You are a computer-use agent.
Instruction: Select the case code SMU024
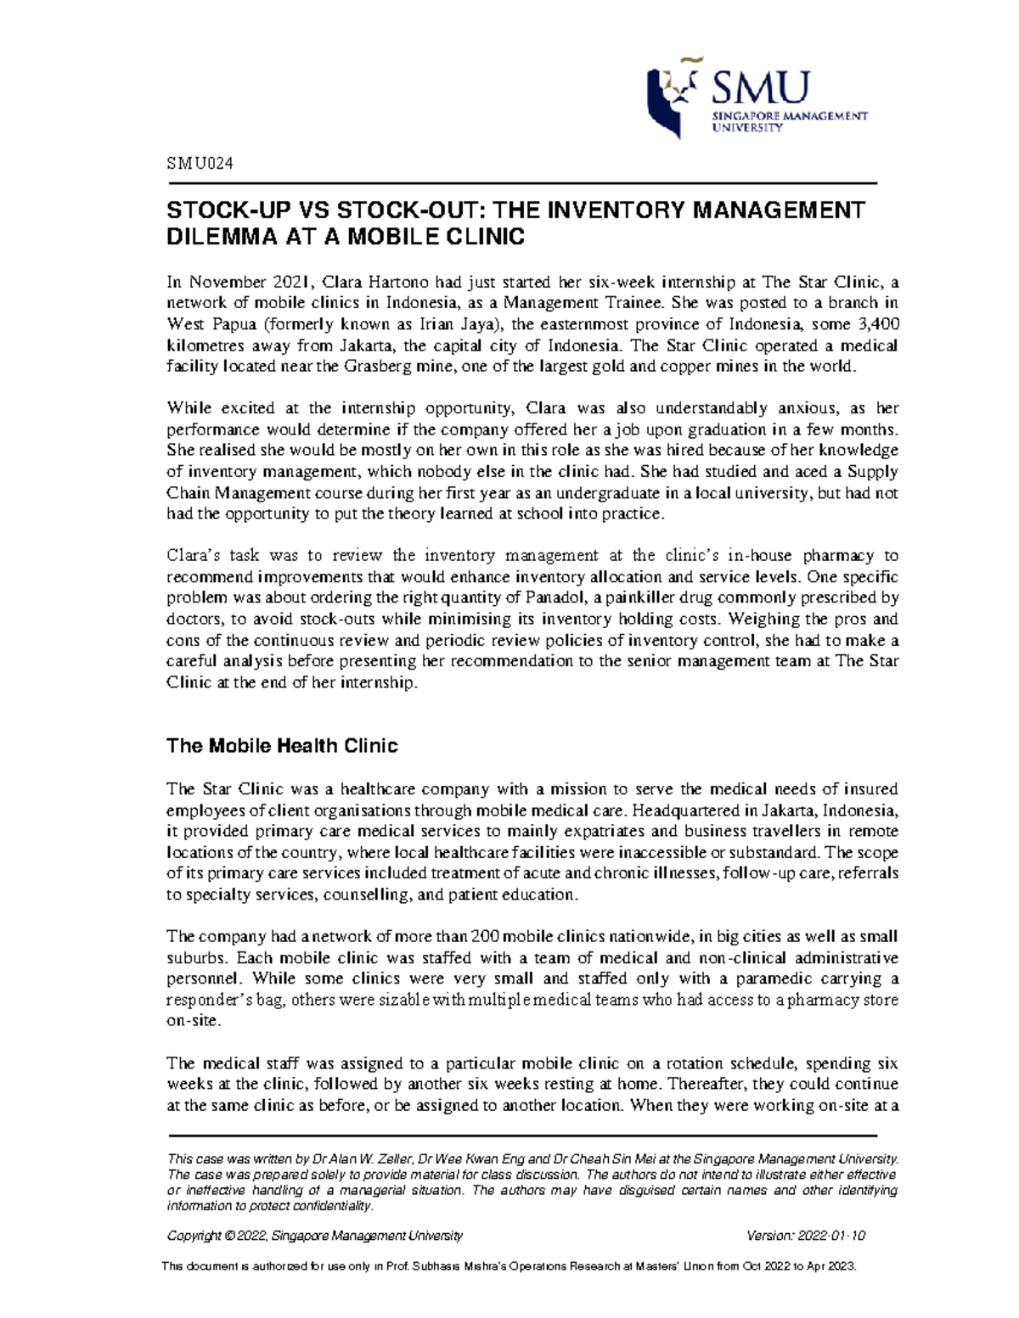(199, 165)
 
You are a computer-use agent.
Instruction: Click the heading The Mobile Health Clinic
(282, 746)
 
